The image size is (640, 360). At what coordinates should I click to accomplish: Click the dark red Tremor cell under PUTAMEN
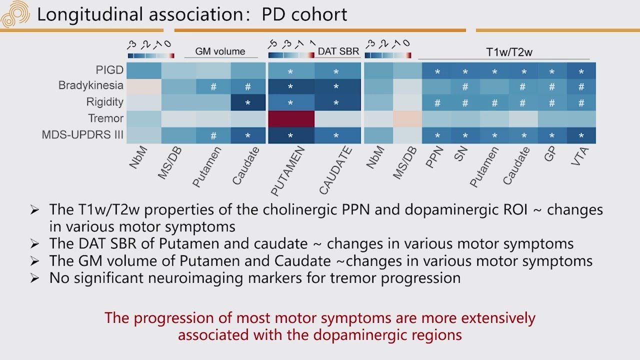(x=291, y=119)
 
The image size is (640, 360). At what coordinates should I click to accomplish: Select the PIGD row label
(x=109, y=70)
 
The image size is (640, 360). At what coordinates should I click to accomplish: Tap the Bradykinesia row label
(x=90, y=85)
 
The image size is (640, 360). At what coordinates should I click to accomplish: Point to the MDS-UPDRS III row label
(x=82, y=135)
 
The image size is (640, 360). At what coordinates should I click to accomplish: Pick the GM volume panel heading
(x=220, y=51)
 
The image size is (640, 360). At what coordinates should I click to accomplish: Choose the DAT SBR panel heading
(x=338, y=51)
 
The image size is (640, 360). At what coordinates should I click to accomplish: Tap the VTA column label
(x=580, y=158)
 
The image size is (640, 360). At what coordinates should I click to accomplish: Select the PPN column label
(x=435, y=158)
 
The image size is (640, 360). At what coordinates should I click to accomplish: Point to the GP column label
(x=550, y=155)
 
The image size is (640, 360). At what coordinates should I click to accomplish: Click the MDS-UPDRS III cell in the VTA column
(x=581, y=135)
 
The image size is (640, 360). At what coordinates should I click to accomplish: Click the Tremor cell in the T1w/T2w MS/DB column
(x=407, y=119)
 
